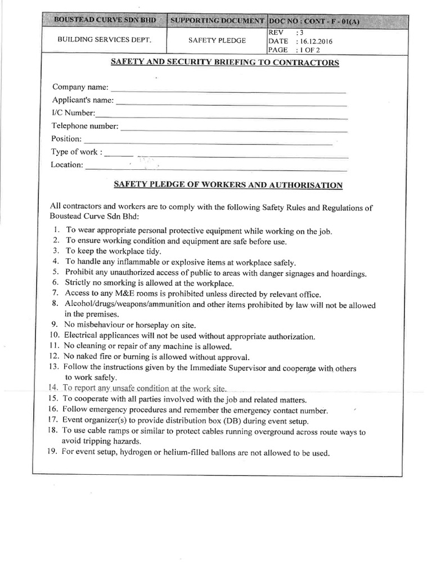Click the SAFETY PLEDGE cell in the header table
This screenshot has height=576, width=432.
coord(217,40)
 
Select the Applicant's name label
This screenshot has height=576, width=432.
coord(83,100)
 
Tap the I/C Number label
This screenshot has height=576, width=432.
coord(74,113)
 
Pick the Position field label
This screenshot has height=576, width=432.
coord(66,139)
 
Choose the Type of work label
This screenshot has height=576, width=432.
coord(76,152)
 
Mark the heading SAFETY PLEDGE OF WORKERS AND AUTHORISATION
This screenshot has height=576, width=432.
coord(228,184)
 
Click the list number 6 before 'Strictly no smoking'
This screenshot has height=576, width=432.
coord(56,282)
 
